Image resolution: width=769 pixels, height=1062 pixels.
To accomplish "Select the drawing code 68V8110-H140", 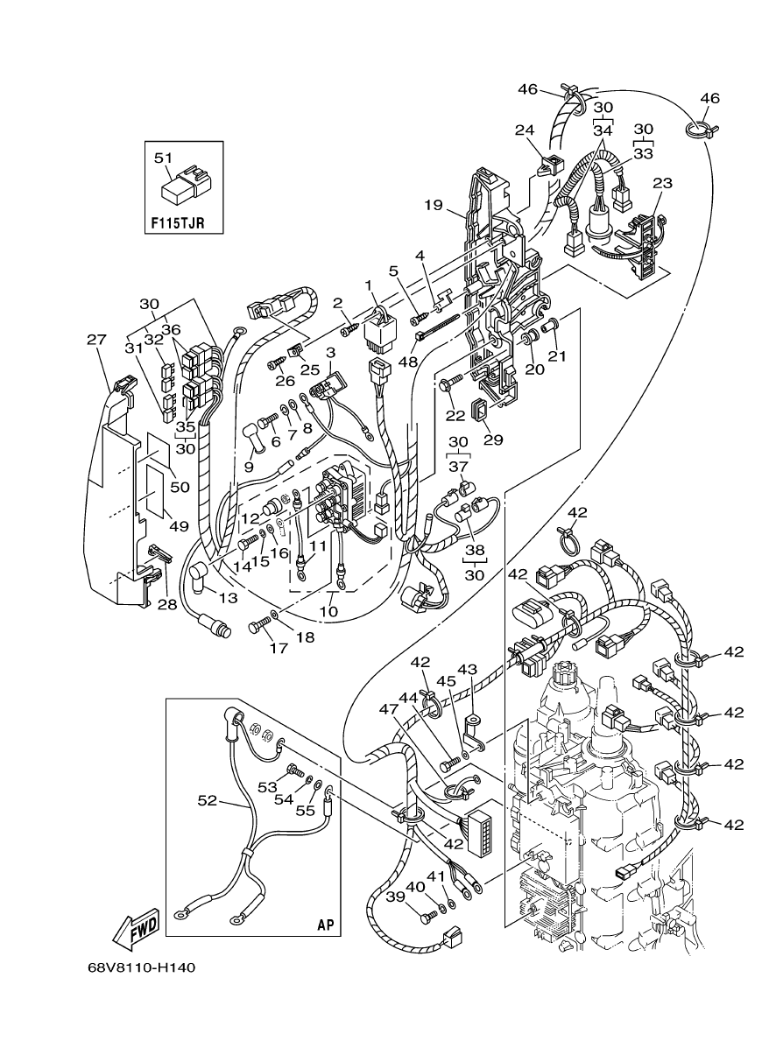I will click(141, 968).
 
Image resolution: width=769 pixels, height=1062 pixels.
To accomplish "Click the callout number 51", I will click(163, 158).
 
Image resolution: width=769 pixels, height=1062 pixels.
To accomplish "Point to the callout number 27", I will click(95, 339).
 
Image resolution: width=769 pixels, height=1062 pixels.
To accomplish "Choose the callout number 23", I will click(662, 184).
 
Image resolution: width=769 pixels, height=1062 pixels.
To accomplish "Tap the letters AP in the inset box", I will click(325, 924).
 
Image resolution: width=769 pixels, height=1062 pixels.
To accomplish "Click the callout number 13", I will click(228, 598).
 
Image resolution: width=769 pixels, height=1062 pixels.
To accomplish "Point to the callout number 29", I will click(493, 440).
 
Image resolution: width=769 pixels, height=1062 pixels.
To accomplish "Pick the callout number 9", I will click(249, 467).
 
